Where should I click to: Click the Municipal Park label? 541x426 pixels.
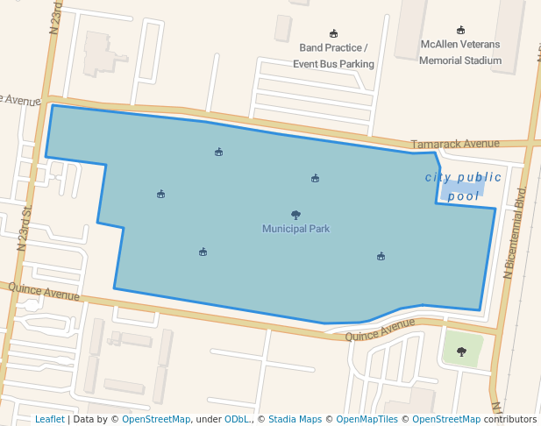tap(295, 229)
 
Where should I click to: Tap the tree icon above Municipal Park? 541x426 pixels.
tap(295, 215)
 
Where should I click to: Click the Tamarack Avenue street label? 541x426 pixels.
tap(455, 144)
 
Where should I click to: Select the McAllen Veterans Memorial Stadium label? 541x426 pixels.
tap(460, 52)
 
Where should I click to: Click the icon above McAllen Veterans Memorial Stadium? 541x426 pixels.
tap(461, 31)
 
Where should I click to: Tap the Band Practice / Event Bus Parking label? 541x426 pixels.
tap(333, 55)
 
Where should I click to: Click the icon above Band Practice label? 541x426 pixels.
tap(333, 34)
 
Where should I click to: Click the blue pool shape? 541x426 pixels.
tap(459, 188)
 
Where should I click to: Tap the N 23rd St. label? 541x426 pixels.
tap(25, 227)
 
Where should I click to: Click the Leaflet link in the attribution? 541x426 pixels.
tap(49, 419)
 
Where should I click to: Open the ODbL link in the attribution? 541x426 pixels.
tap(236, 419)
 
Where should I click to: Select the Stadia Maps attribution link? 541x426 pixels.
tap(295, 419)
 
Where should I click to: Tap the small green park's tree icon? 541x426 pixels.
tap(461, 351)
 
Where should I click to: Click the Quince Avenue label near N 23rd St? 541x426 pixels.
tap(43, 292)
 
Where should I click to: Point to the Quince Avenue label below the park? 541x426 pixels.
tap(380, 330)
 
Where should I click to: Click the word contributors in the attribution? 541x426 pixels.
tap(510, 419)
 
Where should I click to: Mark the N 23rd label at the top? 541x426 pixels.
tap(57, 15)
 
